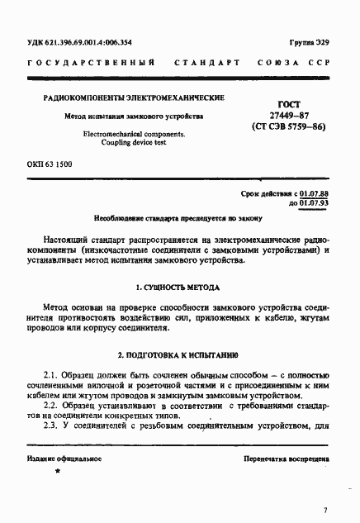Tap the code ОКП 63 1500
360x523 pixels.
click(50, 165)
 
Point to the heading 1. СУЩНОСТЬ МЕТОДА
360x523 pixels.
click(178, 289)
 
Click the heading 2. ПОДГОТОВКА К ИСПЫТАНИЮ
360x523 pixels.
click(178, 356)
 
